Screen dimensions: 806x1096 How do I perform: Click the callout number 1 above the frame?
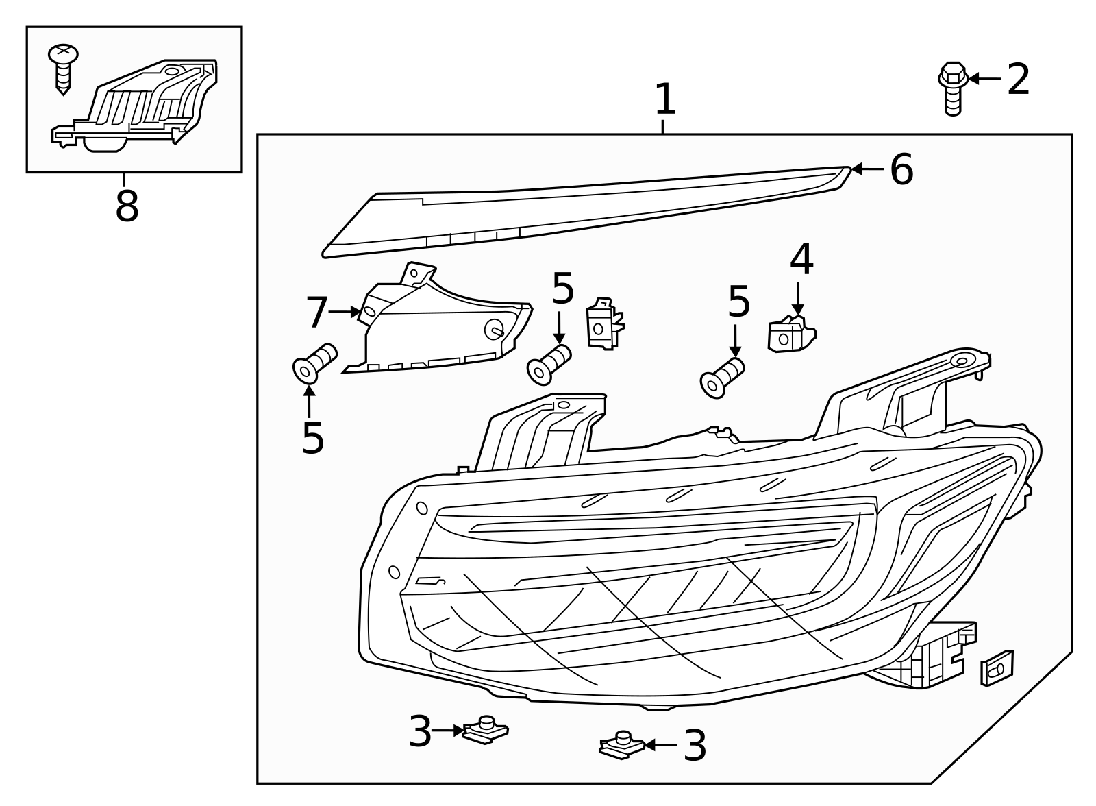tap(665, 100)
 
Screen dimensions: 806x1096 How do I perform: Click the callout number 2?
tap(1018, 80)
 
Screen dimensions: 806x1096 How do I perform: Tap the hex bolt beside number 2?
tap(952, 87)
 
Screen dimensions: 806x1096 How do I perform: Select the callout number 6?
tap(901, 169)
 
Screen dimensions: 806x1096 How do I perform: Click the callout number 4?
tap(801, 260)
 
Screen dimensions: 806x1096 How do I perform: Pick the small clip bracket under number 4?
tap(790, 334)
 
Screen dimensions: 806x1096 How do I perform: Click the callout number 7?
tap(317, 313)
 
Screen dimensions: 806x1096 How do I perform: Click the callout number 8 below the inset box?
tap(127, 206)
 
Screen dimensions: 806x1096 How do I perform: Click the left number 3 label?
tap(420, 732)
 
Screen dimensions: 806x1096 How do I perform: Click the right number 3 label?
tap(695, 746)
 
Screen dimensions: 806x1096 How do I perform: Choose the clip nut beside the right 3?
tap(622, 745)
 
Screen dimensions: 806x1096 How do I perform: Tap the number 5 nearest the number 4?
tap(738, 302)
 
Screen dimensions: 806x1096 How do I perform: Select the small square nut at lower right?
tap(997, 668)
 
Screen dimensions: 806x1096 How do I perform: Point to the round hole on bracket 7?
tap(494, 329)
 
